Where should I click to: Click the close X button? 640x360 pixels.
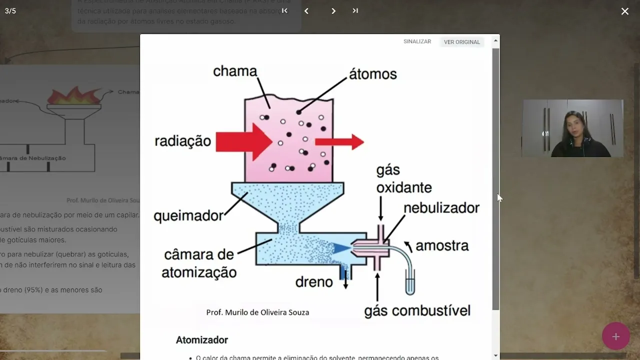coord(624,11)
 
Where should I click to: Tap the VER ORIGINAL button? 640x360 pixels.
coord(461,42)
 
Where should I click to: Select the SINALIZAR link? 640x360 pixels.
coord(417,41)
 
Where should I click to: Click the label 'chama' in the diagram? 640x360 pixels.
coord(234,71)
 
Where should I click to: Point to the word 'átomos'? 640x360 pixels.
coord(372,74)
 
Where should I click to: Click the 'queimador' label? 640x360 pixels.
coord(188,216)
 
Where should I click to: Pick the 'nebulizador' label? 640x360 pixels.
coord(441,207)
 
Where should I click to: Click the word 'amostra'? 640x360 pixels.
coord(442,245)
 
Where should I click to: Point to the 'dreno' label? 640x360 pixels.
coord(313,282)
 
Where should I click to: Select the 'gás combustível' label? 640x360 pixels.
coord(417,310)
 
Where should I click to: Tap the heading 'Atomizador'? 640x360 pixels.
coord(201,340)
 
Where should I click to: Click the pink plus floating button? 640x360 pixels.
coord(615,336)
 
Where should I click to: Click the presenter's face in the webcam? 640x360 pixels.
coord(574,124)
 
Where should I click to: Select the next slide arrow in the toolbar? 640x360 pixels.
coord(333,10)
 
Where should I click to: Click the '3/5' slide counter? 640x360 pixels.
coord(10,11)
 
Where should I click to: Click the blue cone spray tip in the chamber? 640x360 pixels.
coord(342,247)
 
